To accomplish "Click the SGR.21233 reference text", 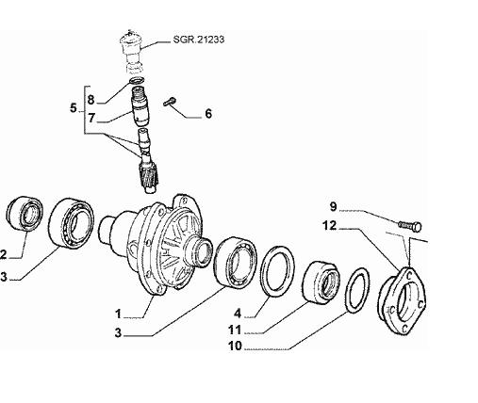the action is point(199,40).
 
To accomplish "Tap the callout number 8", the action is point(91,100).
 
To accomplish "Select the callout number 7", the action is point(91,118).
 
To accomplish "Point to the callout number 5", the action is point(74,108).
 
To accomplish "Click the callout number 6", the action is point(208,113).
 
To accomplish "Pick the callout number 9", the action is point(333,207).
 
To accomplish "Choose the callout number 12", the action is point(330,225).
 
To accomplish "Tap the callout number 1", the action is point(118,314).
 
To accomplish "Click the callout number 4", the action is point(238,314).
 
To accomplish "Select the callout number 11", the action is point(235,330).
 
